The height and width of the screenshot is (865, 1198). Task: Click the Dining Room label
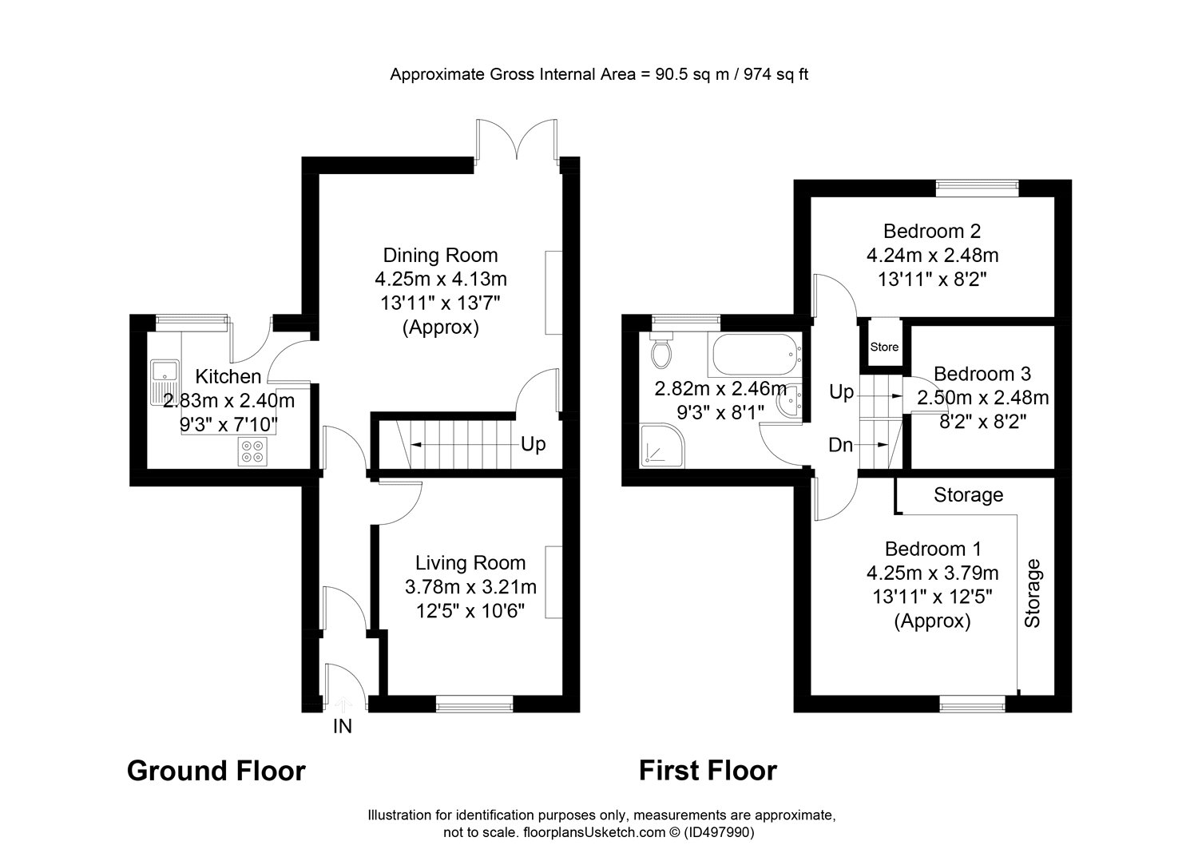coord(440,255)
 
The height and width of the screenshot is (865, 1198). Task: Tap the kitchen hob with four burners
coord(252,451)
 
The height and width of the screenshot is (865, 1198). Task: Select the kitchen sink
coord(165,382)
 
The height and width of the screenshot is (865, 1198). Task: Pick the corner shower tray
coord(662,446)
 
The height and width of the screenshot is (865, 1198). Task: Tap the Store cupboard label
coord(884,347)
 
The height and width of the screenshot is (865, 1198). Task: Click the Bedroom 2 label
coord(932,231)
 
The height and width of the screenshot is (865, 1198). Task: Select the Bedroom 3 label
coord(982,373)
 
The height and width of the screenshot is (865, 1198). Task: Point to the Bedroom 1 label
coord(933,549)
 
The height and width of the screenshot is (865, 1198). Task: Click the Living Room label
coord(470,563)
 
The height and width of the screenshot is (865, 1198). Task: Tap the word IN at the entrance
coord(343,726)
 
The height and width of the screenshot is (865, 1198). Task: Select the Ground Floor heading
coord(216,771)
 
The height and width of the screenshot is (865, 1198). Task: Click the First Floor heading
coord(708,771)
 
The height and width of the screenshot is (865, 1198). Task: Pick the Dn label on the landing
coord(840,445)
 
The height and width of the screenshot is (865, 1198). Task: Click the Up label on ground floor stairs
coord(534,444)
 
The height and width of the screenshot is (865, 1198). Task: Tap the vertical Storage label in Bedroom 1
coord(1032,593)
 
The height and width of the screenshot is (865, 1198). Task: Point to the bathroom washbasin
coord(789,400)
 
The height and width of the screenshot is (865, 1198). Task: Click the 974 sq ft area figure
coord(776,73)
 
